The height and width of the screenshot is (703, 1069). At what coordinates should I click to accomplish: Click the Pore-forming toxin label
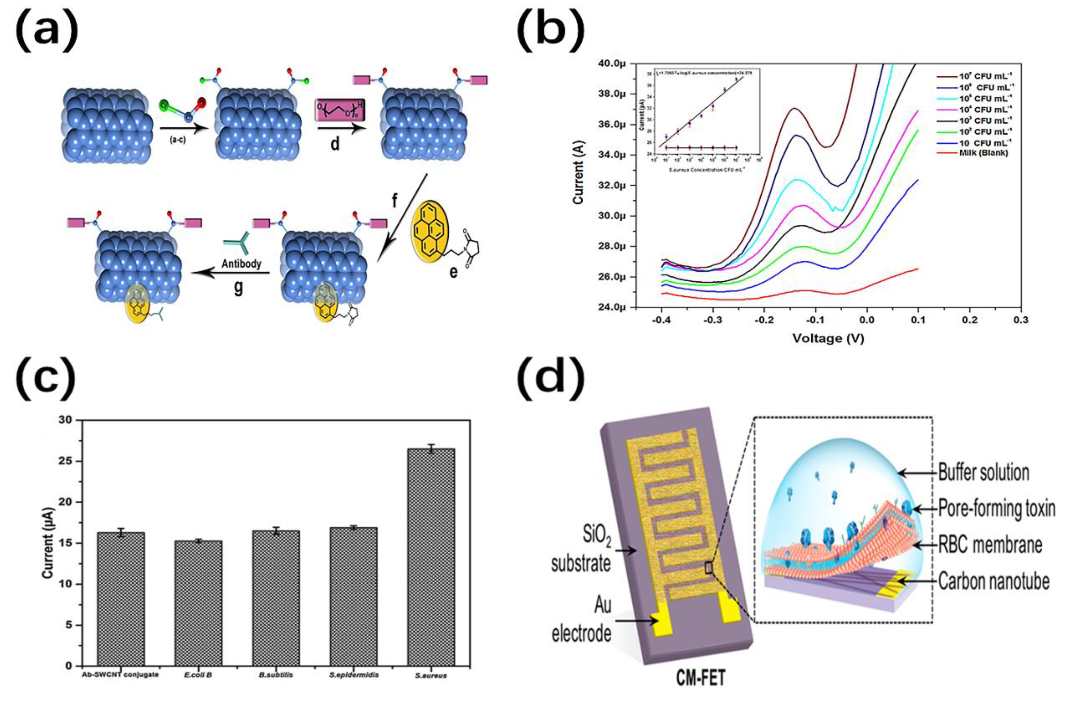(x=996, y=509)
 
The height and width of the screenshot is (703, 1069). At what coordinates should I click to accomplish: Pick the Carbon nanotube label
(x=993, y=581)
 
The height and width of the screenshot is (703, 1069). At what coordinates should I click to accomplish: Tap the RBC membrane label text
(x=990, y=545)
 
